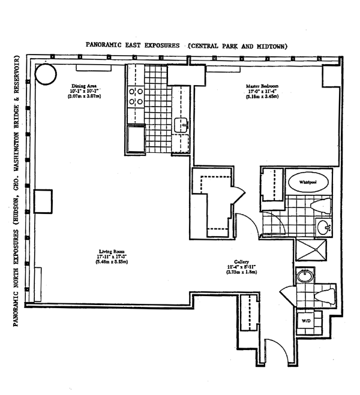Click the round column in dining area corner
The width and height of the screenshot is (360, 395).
(46, 74)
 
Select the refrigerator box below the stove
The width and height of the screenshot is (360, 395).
(136, 138)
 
